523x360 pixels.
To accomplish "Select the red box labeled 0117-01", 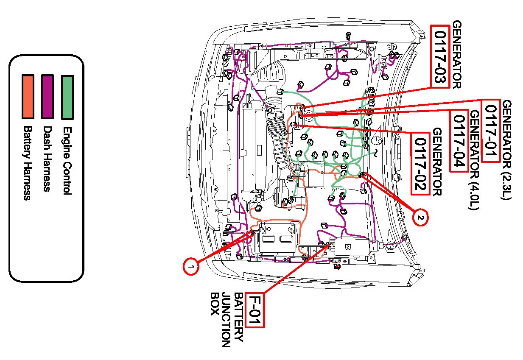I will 490,131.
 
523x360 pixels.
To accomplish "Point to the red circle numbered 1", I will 191,266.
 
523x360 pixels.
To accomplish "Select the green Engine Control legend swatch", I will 67,97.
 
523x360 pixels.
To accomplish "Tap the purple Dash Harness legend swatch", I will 48,97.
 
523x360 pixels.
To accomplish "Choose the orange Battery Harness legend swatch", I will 28,97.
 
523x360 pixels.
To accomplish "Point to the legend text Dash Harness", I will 47,158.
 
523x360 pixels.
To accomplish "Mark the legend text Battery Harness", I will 28,163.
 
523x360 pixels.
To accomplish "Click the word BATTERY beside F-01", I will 239,317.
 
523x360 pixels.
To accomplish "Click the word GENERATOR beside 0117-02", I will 437,162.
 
